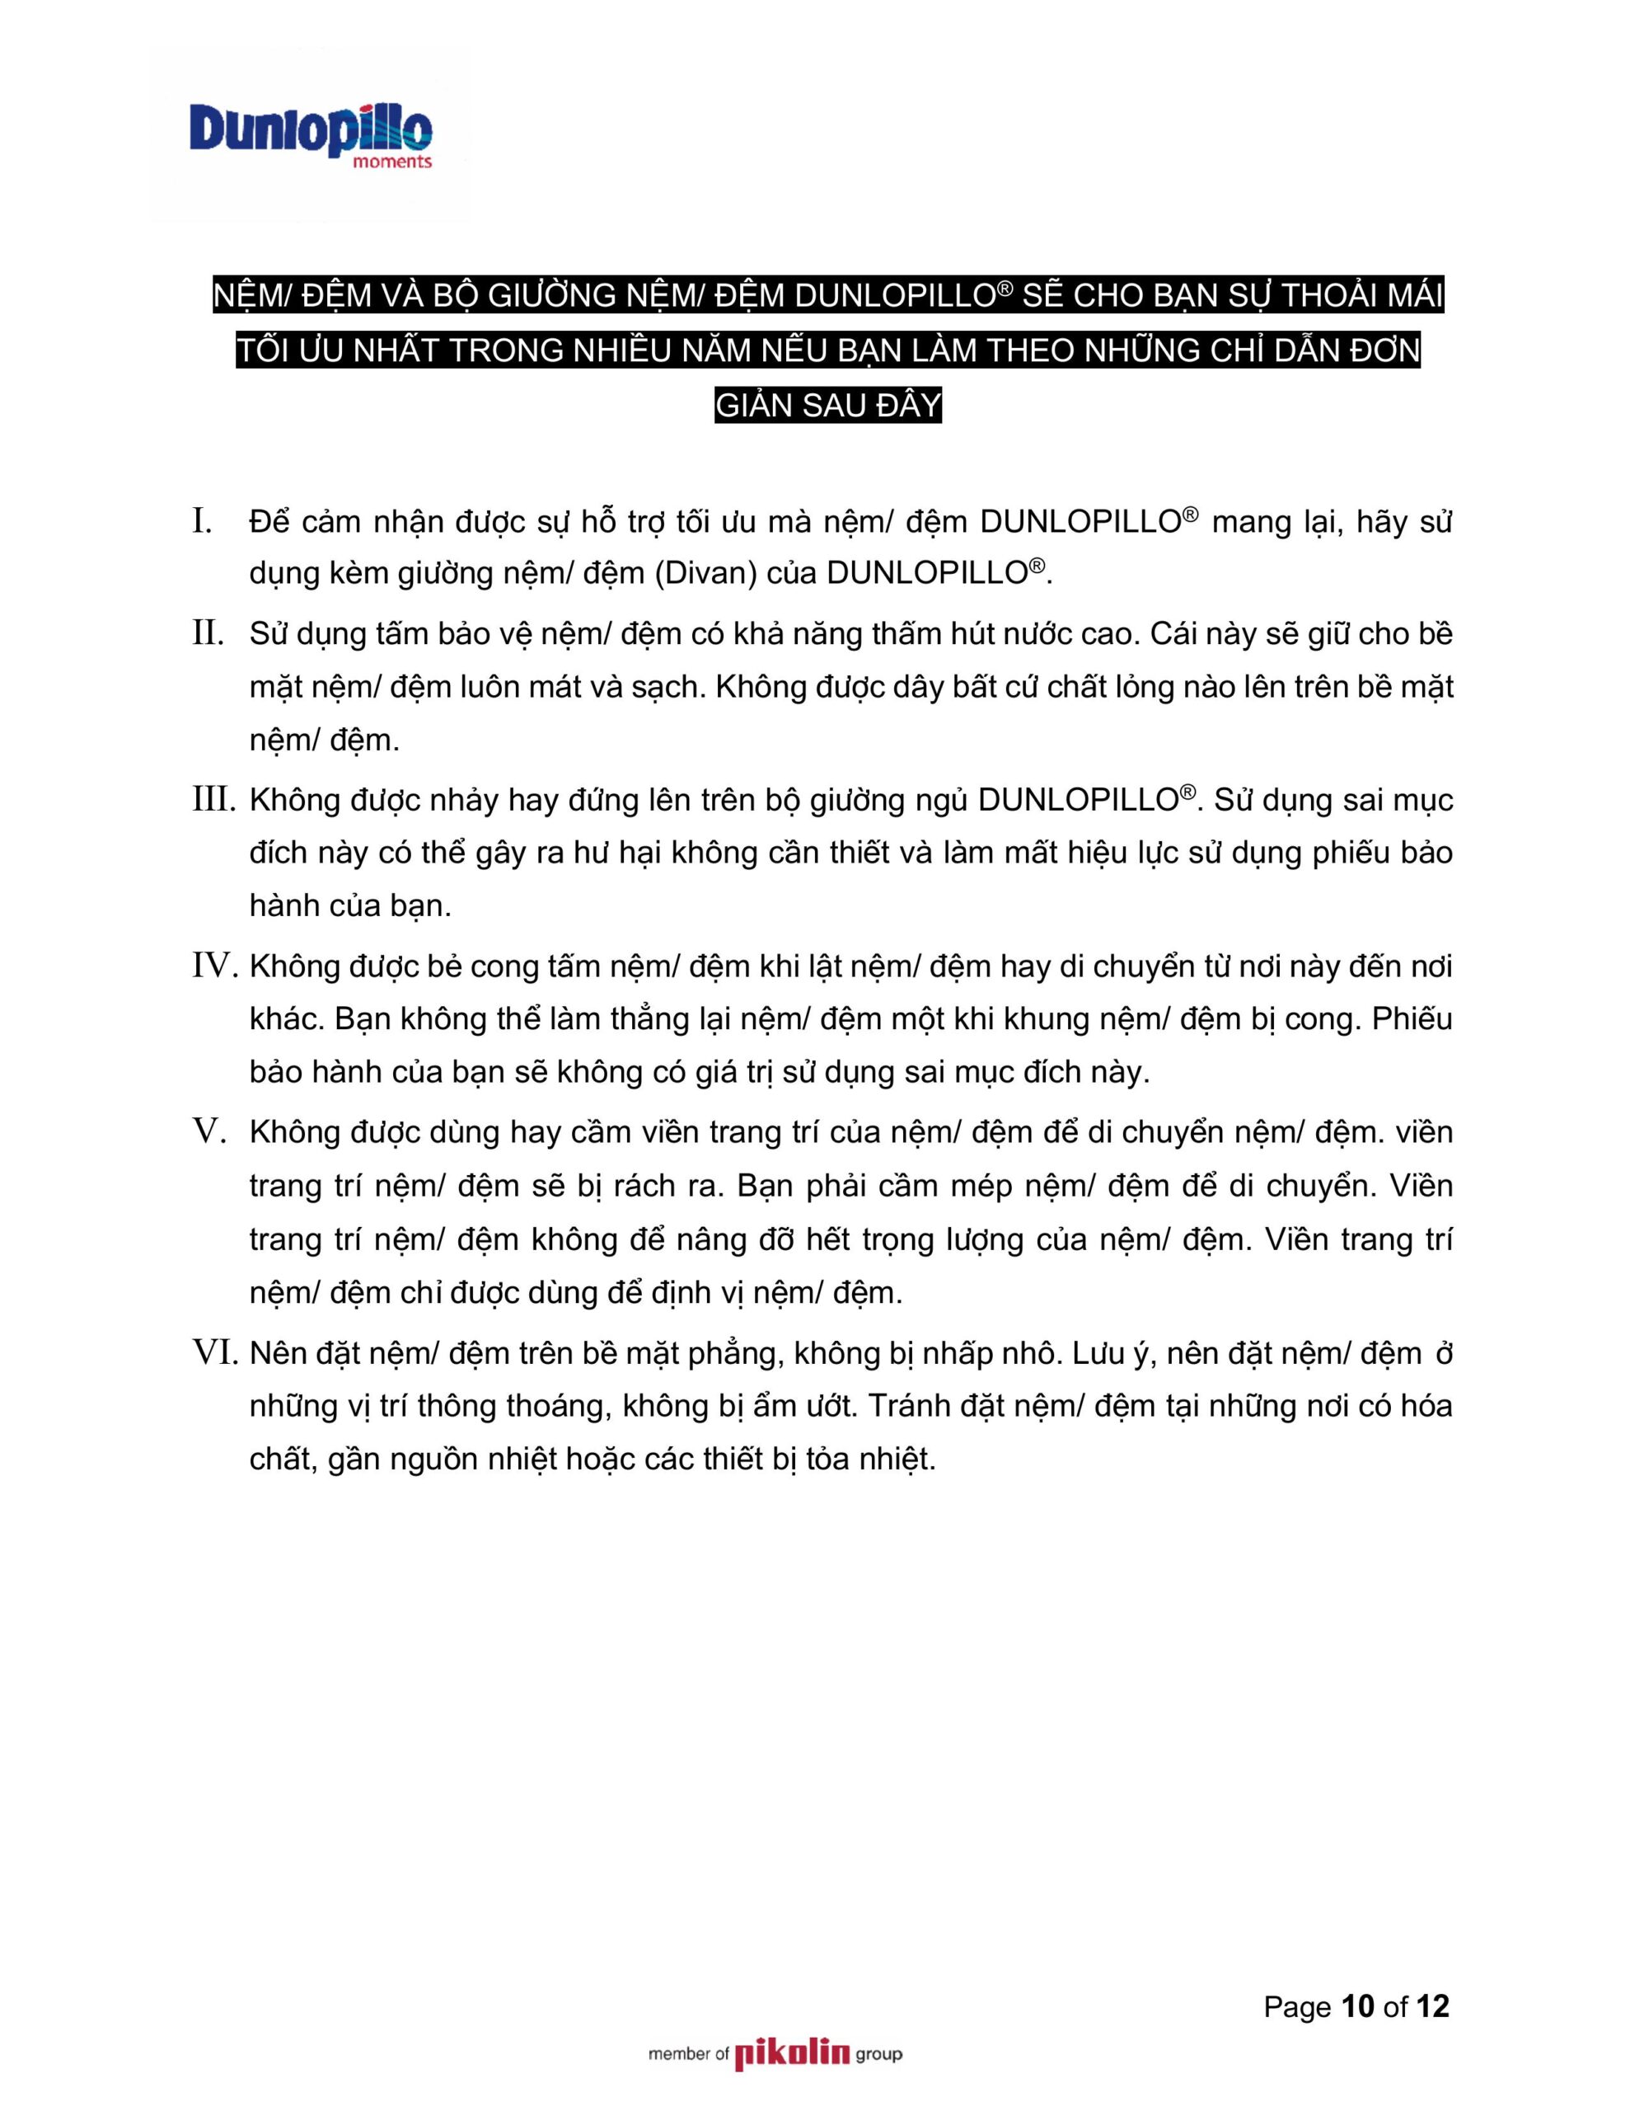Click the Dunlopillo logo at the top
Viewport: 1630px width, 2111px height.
coord(309,129)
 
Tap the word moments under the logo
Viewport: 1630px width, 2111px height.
coord(392,162)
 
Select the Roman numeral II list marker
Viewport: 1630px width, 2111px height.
coord(208,634)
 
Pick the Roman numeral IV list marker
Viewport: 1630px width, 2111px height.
coord(214,966)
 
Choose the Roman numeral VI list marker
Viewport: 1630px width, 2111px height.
coord(214,1352)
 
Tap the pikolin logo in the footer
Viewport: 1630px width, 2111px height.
coord(791,2054)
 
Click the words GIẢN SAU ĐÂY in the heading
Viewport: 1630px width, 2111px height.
coord(828,405)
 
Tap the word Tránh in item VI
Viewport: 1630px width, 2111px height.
coord(909,1405)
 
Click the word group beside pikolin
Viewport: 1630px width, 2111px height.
coord(878,2055)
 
